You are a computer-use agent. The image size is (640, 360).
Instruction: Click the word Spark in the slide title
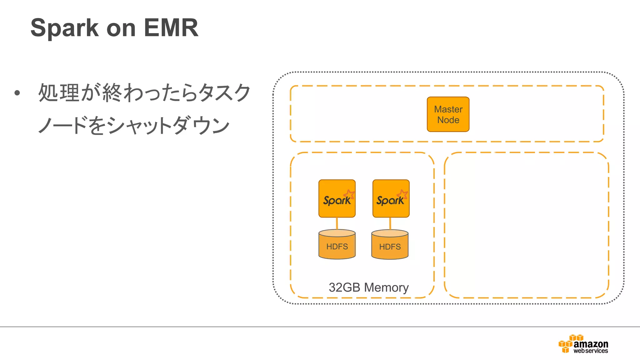pos(64,28)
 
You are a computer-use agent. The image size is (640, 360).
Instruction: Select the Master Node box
pos(448,114)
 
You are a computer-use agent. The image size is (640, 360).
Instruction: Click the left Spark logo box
pos(337,198)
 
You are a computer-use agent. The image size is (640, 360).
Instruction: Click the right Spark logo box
pos(391,198)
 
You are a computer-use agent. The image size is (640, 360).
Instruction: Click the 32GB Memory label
pos(368,287)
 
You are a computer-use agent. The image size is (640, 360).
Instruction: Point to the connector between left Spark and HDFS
pos(337,223)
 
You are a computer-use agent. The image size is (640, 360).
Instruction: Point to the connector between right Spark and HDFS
pos(390,223)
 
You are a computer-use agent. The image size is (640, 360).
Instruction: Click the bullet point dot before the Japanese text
pos(17,93)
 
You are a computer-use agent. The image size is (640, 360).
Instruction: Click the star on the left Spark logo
pos(349,194)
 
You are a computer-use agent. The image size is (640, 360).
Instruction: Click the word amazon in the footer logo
pos(591,344)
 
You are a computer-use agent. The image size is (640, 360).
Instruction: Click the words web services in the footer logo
pos(591,351)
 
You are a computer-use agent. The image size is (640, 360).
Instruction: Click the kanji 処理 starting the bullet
pos(58,93)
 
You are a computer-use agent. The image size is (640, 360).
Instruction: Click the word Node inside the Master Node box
pos(448,120)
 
